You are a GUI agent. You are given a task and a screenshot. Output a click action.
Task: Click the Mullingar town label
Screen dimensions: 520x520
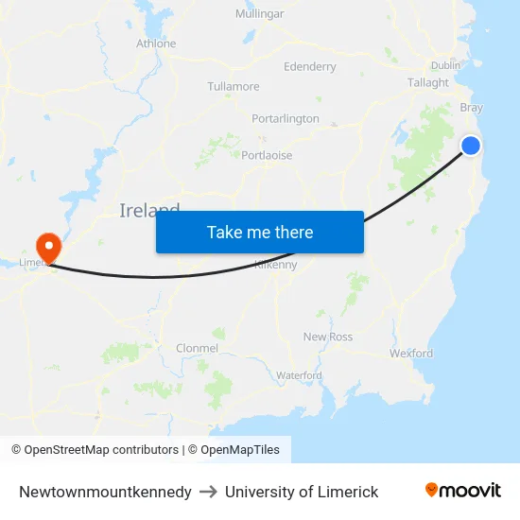click(x=259, y=14)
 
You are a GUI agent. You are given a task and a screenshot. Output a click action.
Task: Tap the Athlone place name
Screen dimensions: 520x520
click(x=156, y=43)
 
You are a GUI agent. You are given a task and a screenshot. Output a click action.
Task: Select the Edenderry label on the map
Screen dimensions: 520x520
click(x=309, y=67)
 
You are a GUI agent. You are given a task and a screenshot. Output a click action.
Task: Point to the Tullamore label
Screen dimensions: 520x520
click(x=234, y=87)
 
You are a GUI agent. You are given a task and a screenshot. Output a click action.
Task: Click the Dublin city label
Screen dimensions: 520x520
click(x=445, y=65)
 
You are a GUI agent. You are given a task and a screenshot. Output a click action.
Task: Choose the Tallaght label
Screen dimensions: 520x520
click(x=428, y=83)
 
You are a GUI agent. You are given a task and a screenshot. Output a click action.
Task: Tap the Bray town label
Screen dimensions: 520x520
click(x=471, y=108)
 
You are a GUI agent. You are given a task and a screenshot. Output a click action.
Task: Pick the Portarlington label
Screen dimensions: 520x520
click(x=286, y=119)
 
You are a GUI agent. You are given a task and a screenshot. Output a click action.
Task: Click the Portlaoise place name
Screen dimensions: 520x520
click(x=267, y=155)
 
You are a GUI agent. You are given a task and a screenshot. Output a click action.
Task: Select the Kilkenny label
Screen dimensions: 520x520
click(x=276, y=266)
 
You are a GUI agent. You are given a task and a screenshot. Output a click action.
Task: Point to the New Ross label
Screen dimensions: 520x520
click(x=328, y=338)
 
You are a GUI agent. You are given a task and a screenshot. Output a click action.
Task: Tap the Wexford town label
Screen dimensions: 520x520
click(x=411, y=354)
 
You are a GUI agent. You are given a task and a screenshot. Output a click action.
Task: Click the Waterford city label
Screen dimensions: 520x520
click(x=299, y=376)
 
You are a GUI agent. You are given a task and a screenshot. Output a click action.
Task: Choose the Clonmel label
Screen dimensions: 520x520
click(x=197, y=349)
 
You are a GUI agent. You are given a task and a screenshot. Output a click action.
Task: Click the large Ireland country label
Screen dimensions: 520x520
click(x=149, y=210)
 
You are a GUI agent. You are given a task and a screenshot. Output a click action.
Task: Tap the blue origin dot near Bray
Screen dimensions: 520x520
click(x=470, y=145)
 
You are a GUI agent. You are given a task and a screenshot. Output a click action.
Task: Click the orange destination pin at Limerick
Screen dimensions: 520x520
click(x=46, y=248)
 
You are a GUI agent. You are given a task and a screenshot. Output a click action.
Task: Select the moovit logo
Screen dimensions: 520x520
click(x=463, y=491)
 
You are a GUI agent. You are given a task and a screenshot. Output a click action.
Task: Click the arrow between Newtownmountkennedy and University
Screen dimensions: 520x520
click(x=208, y=492)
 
